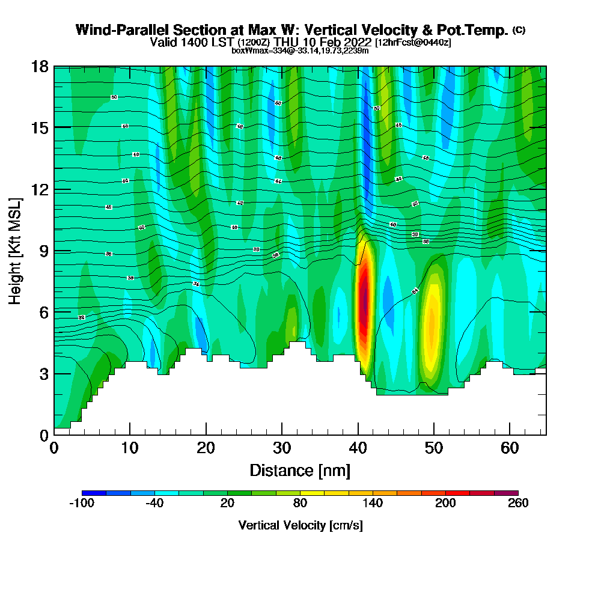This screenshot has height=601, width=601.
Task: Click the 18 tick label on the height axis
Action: pyautogui.click(x=40, y=66)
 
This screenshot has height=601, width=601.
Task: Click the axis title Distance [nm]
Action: pyautogui.click(x=300, y=470)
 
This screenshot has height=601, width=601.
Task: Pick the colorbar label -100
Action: pyautogui.click(x=82, y=503)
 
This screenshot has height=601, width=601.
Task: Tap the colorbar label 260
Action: pyautogui.click(x=518, y=503)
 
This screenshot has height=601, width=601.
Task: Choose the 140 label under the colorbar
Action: pyautogui.click(x=373, y=503)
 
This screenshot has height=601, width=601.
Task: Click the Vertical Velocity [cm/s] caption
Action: pyautogui.click(x=300, y=525)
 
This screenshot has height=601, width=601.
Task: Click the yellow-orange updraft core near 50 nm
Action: pyautogui.click(x=432, y=325)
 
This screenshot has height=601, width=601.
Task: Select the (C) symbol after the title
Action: pyautogui.click(x=519, y=30)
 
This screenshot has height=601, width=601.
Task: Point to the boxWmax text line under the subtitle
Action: pyautogui.click(x=300, y=50)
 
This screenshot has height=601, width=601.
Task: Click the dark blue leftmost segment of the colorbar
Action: pyautogui.click(x=94, y=493)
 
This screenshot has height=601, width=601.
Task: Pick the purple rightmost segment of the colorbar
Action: pyautogui.click(x=506, y=493)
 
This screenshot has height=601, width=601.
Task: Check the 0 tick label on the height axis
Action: pyautogui.click(x=44, y=435)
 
